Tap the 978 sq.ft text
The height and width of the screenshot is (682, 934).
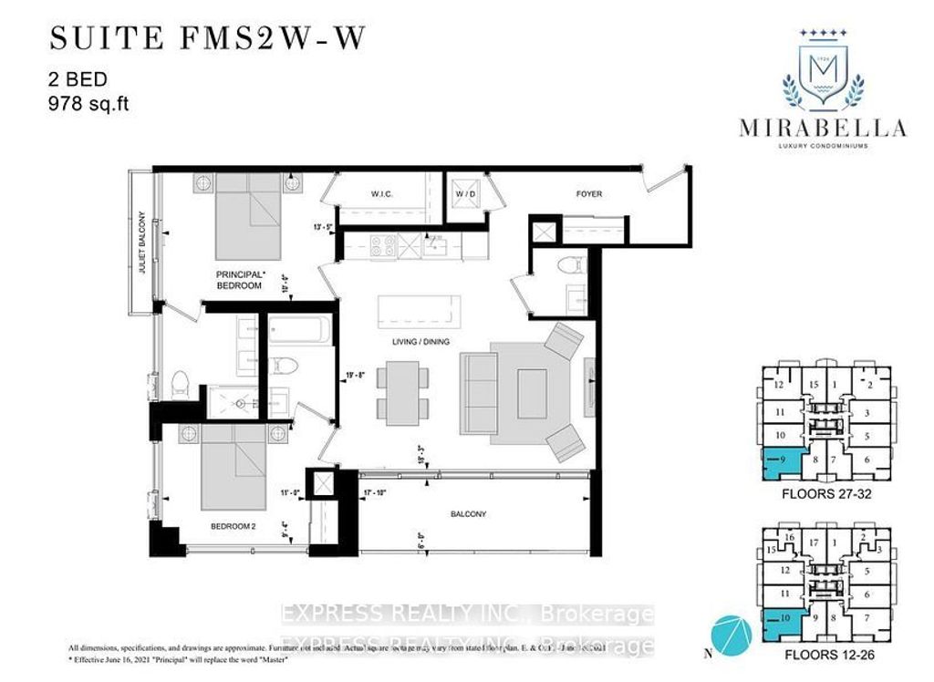[89, 104]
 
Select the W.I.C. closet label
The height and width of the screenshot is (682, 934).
[381, 194]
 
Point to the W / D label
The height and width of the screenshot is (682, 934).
[465, 194]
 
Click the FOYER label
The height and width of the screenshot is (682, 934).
[588, 194]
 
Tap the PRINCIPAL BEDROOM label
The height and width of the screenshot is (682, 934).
[239, 279]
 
